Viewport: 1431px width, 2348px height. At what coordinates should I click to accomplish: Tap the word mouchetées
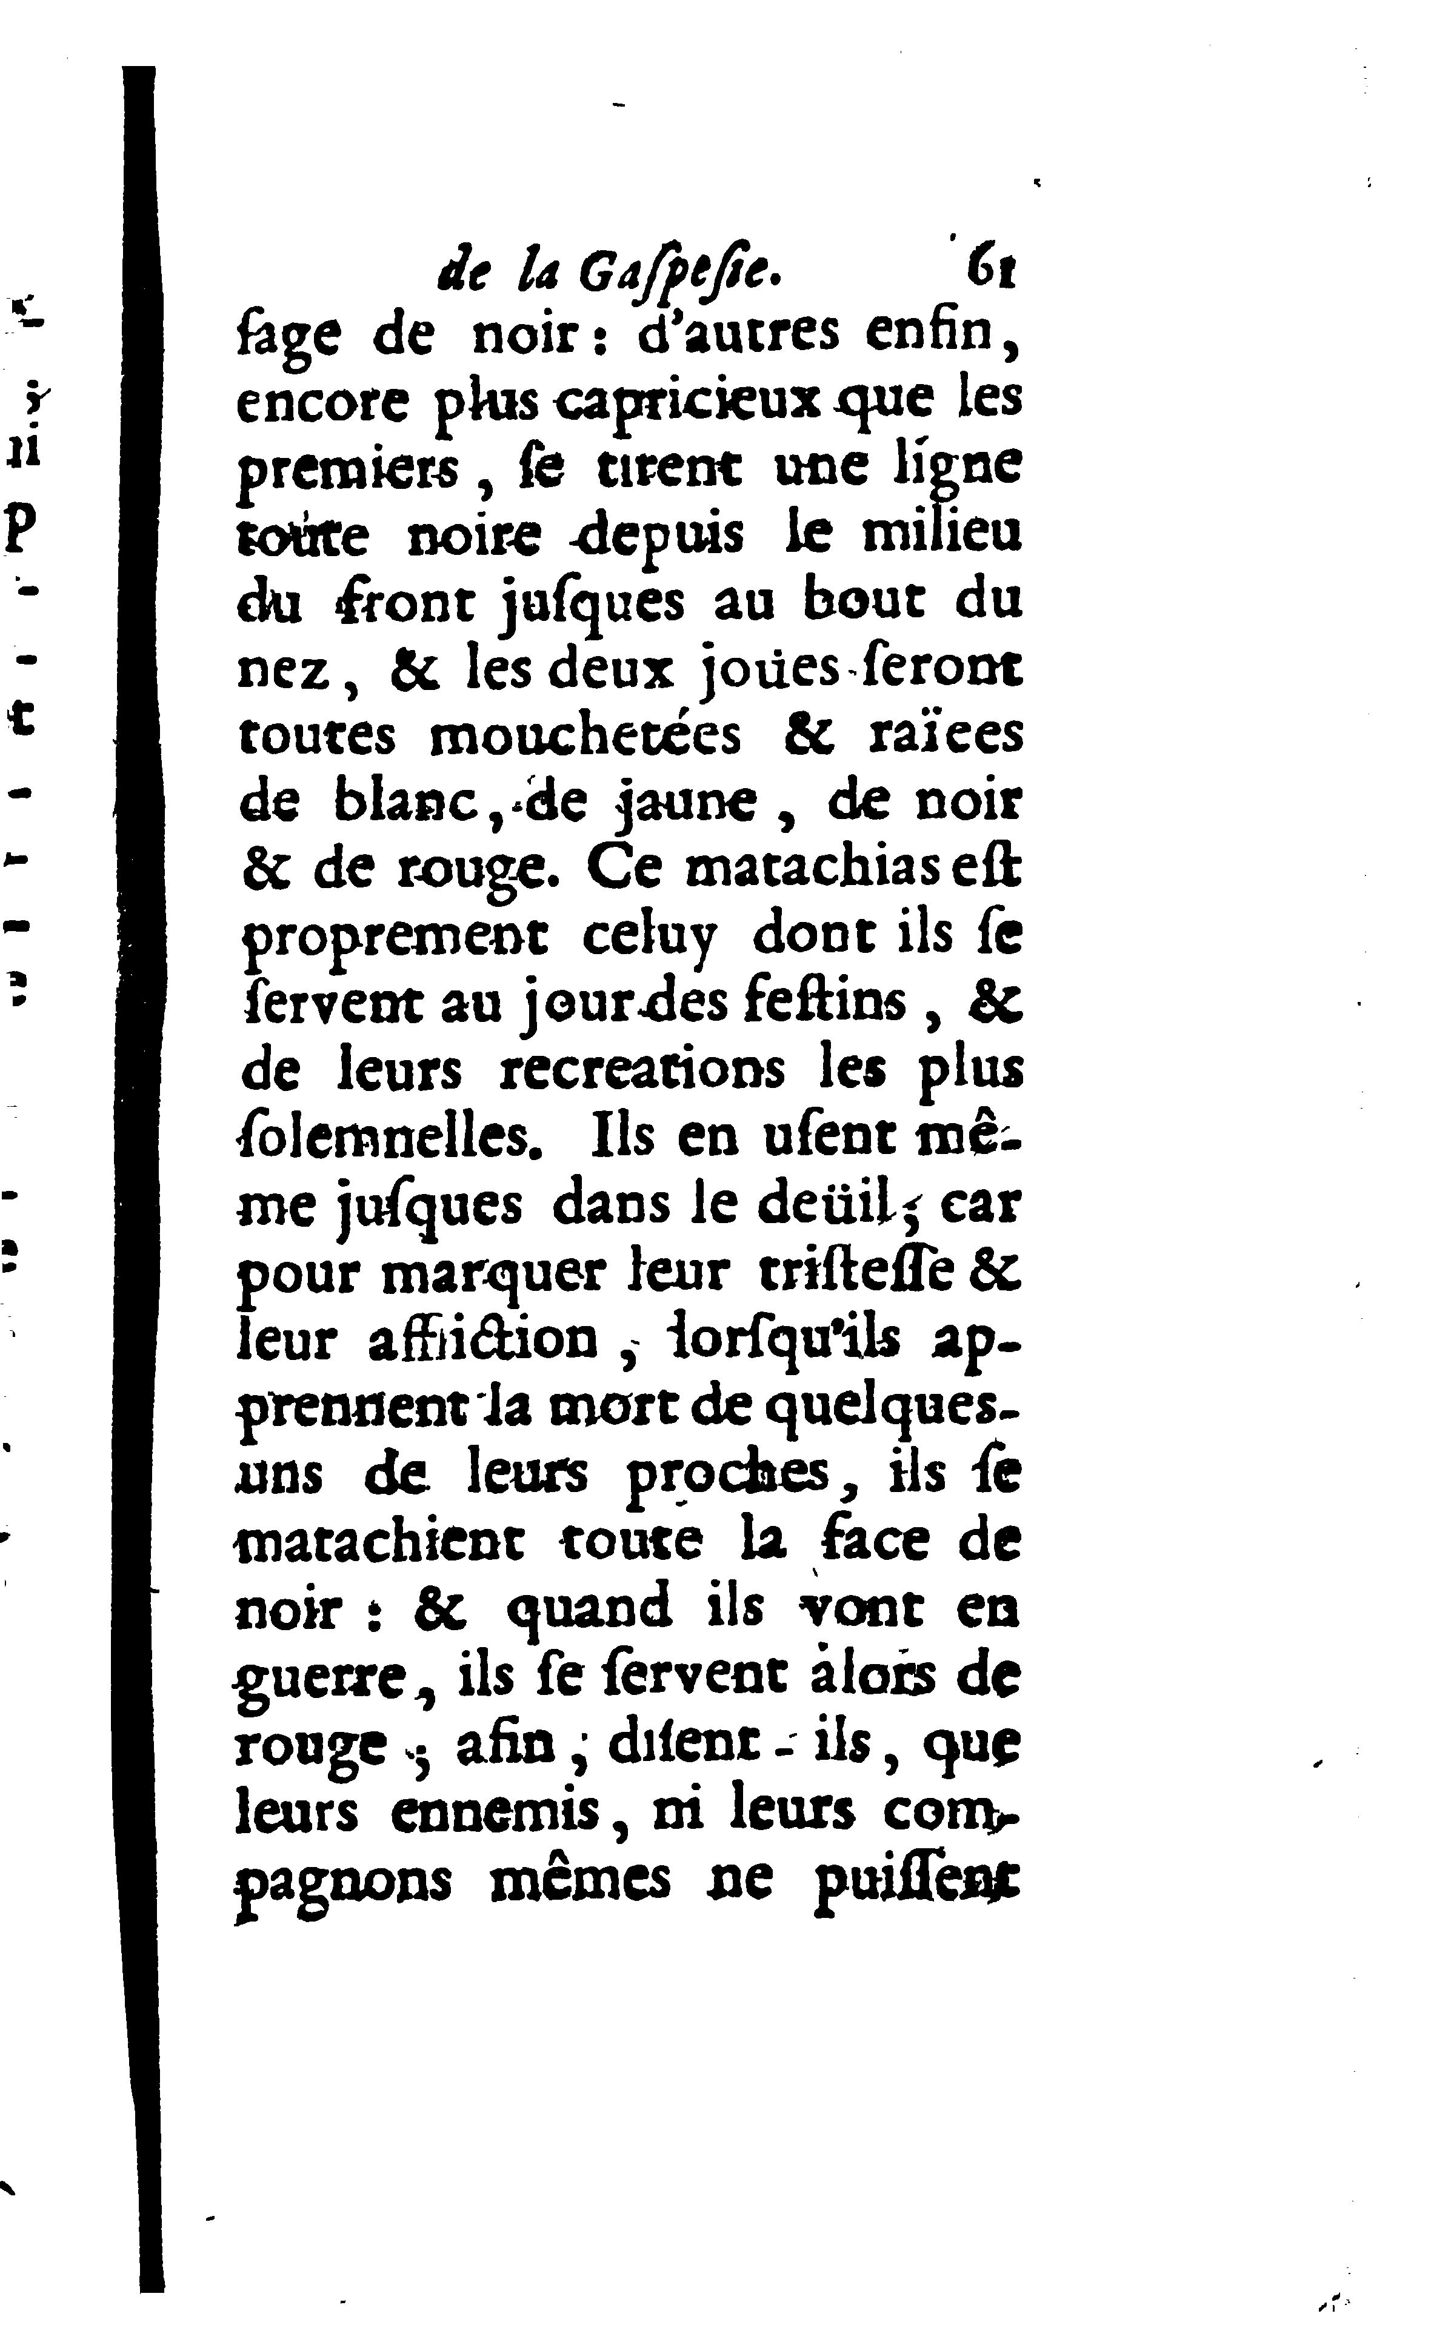click(x=585, y=735)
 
